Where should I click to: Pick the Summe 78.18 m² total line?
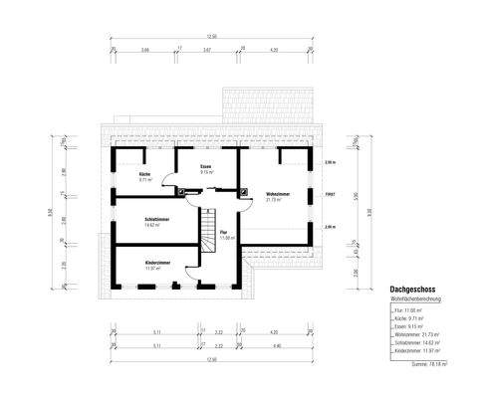(x=429, y=363)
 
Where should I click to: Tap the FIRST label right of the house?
(x=330, y=194)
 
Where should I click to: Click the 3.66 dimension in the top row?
(x=145, y=49)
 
